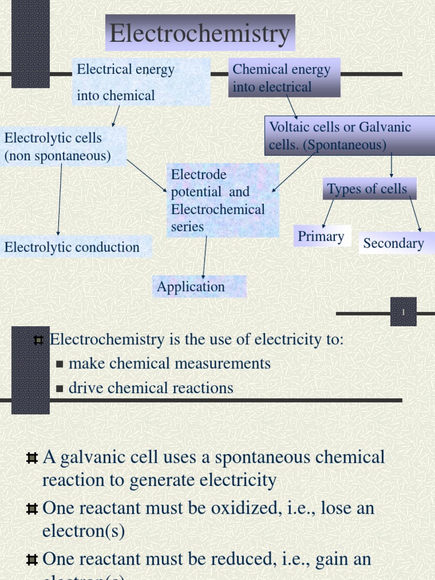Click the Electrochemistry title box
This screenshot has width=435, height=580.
pos(200,33)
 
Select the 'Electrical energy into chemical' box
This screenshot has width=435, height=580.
pos(142,82)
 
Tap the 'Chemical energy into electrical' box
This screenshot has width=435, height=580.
pos(284,78)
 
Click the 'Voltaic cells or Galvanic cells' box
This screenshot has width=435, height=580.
pos(349,135)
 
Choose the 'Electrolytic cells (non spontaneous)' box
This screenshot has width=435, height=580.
pos(63,147)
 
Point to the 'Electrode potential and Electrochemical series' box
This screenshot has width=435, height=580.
pos(223,201)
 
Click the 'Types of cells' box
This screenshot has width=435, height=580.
pos(369,189)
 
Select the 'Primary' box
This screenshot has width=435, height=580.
pos(322,236)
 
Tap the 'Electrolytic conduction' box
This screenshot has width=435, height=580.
pos(75,247)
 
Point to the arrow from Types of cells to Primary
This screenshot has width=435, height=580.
pos(328,214)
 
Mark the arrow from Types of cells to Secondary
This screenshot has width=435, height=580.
pos(415,214)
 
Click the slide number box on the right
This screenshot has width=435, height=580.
pos(403,312)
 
